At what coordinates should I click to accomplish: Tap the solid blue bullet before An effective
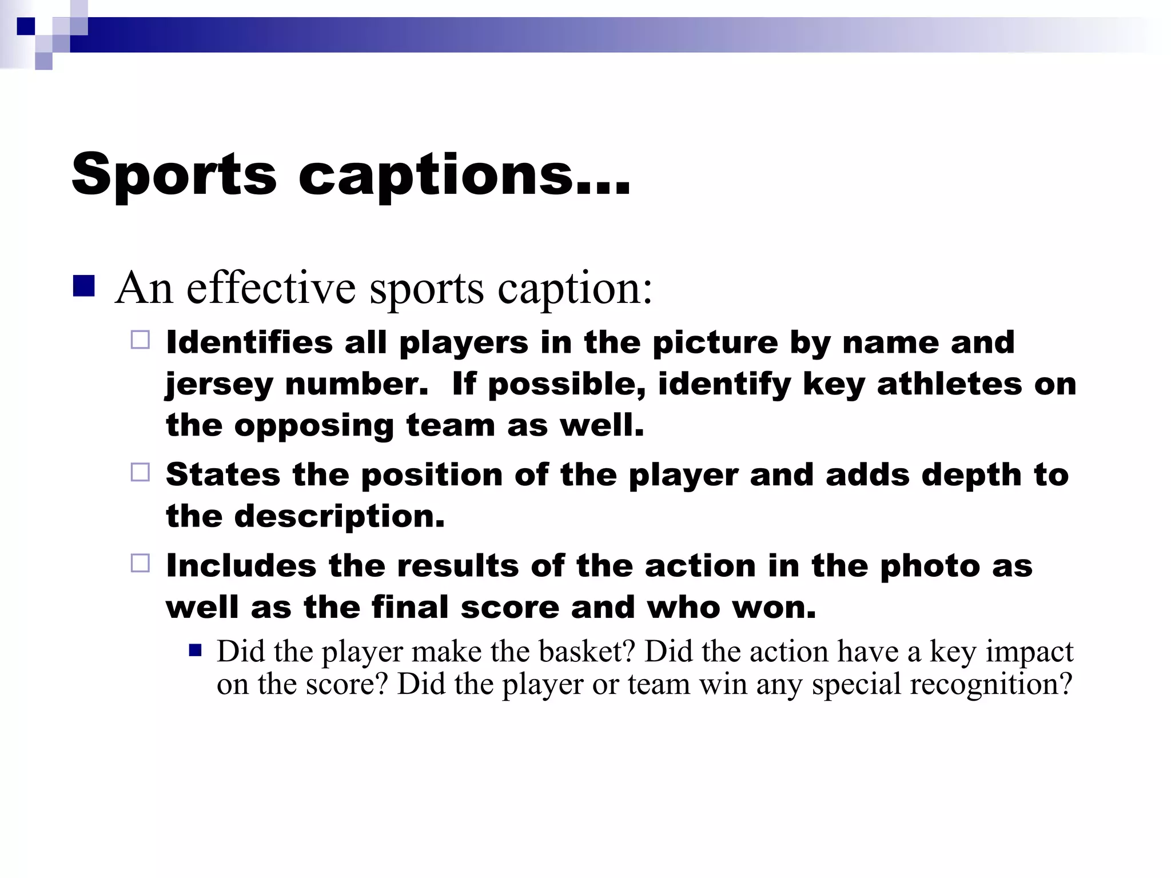[83, 286]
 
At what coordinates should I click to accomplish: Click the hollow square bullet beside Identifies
[140, 340]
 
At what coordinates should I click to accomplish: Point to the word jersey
[219, 385]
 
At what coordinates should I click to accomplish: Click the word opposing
[314, 426]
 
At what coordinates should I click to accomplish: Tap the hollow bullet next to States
[140, 472]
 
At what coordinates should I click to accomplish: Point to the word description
[339, 517]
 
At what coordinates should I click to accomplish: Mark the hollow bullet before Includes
[140, 563]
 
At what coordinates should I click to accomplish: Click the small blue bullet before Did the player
[196, 650]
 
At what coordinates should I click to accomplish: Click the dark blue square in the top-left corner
[26, 26]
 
